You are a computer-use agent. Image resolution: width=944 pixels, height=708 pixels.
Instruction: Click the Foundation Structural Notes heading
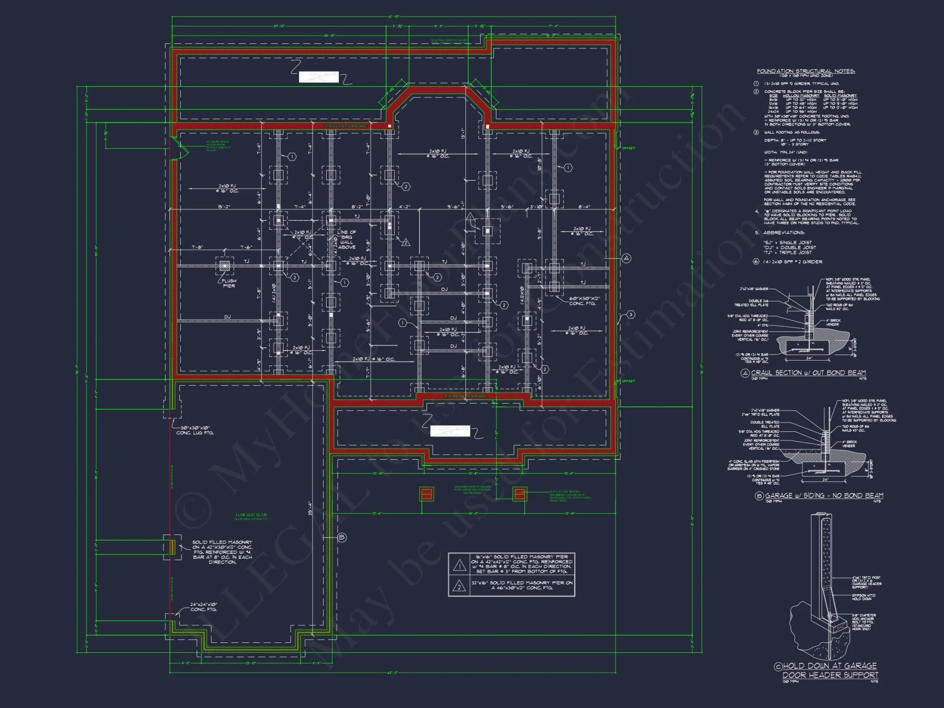[x=806, y=71]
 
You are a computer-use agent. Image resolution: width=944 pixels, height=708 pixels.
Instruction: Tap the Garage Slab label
[x=251, y=515]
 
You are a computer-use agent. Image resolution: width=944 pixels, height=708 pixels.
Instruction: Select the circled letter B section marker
[x=342, y=537]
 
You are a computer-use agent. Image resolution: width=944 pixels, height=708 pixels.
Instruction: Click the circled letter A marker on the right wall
[x=626, y=258]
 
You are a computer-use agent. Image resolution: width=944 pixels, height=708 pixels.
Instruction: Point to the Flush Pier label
[x=229, y=283]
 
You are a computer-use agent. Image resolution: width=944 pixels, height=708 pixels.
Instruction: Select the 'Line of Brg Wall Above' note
[x=346, y=240]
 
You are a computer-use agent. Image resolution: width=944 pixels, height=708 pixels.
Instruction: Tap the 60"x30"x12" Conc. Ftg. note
[x=584, y=301]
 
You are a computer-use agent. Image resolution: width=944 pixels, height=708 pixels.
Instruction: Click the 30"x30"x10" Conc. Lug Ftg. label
[x=195, y=430]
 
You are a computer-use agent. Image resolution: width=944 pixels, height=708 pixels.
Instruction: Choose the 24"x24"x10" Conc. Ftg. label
[x=203, y=607]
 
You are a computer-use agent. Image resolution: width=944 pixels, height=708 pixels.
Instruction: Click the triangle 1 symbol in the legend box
[x=459, y=565]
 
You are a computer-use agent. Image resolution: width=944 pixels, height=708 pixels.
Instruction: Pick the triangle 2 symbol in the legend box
[x=459, y=587]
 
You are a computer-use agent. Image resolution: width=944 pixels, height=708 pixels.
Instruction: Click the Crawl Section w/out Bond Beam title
[x=808, y=373]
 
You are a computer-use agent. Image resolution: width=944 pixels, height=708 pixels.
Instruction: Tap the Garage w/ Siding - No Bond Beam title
[x=824, y=496]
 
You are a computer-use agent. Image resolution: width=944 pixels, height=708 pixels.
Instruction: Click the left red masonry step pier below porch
[x=426, y=494]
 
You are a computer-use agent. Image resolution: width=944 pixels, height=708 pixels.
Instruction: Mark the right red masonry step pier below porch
[x=520, y=494]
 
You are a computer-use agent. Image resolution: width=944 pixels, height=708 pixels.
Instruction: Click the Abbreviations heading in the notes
[x=783, y=233]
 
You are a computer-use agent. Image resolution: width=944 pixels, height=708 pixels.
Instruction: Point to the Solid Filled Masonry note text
[x=222, y=552]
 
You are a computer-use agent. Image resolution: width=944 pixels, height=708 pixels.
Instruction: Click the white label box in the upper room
[x=319, y=77]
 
